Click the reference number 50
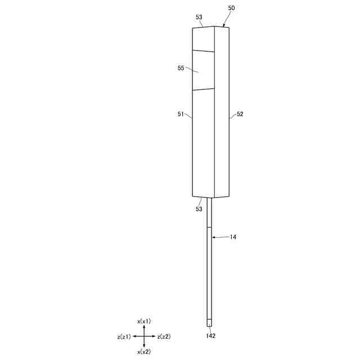point(231,8)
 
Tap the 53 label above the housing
point(199,17)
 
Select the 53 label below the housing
point(199,209)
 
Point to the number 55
point(181,68)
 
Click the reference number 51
point(181,114)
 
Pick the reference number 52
point(240,114)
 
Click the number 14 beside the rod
point(233,237)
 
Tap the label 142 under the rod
point(211,336)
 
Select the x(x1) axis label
point(144,321)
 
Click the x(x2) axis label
point(144,352)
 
